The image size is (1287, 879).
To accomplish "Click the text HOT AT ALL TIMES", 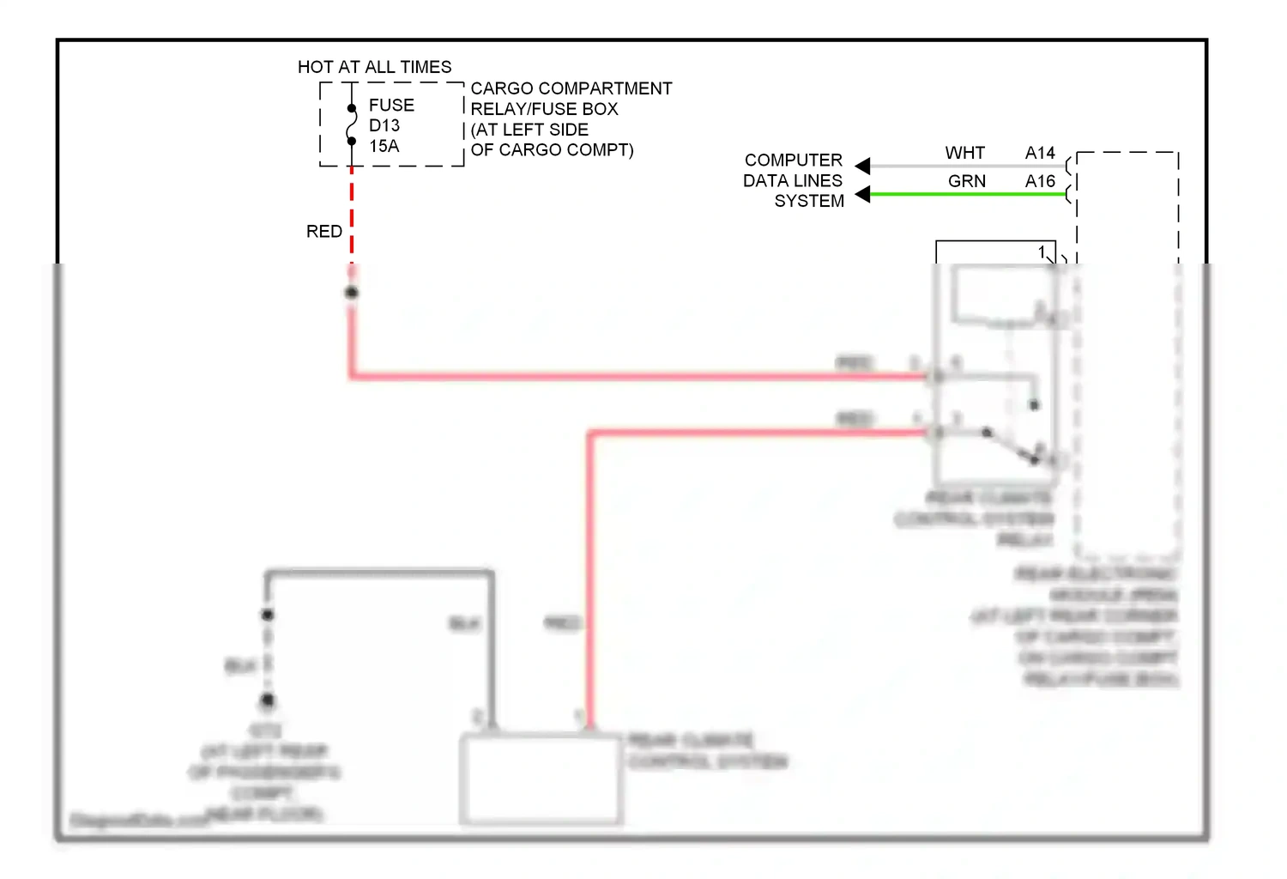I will pyautogui.click(x=374, y=67).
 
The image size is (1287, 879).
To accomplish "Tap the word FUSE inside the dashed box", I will pyautogui.click(x=391, y=105).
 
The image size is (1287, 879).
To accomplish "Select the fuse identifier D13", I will pyautogui.click(x=384, y=125).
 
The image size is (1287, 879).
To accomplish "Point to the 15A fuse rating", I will pyautogui.click(x=384, y=146).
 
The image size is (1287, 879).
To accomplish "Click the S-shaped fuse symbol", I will pyautogui.click(x=352, y=124).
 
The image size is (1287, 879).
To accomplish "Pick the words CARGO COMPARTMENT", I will pyautogui.click(x=571, y=88).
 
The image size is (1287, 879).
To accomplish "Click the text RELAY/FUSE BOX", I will pyautogui.click(x=544, y=109).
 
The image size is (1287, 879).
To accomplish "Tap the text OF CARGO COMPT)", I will pyautogui.click(x=552, y=150).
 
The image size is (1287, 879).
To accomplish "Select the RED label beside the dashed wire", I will pyautogui.click(x=324, y=231).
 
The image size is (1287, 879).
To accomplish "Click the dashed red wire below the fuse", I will pyautogui.click(x=352, y=215).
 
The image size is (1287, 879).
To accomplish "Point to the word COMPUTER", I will pyautogui.click(x=793, y=161).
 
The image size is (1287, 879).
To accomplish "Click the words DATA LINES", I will pyautogui.click(x=792, y=181).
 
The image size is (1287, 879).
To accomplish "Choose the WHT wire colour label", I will pyautogui.click(x=965, y=153).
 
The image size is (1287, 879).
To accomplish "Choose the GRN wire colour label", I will pyautogui.click(x=967, y=181).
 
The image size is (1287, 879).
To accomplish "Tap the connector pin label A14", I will pyautogui.click(x=1040, y=153).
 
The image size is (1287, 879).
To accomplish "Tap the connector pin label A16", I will pyautogui.click(x=1040, y=181).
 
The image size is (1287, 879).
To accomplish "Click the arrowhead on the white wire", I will pyautogui.click(x=863, y=166).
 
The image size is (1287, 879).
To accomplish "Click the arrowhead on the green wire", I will pyautogui.click(x=863, y=194).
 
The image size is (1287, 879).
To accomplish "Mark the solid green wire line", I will pyautogui.click(x=970, y=194).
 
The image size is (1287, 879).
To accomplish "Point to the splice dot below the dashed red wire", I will pyautogui.click(x=352, y=293).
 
